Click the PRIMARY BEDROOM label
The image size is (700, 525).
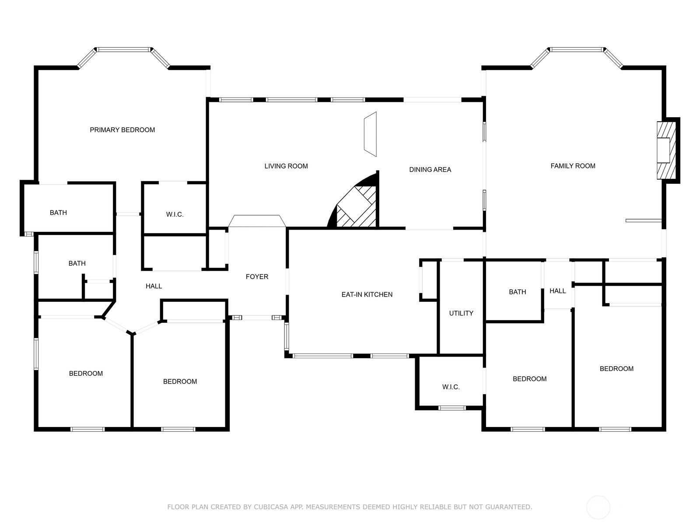tap(122, 130)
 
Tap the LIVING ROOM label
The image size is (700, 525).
tap(286, 166)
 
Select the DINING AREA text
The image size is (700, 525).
tap(430, 170)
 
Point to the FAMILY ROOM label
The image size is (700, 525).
tap(573, 166)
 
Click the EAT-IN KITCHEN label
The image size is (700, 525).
tap(367, 294)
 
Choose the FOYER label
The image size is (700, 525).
tap(257, 276)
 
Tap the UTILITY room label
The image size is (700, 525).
tap(461, 313)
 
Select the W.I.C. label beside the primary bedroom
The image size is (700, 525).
tap(175, 214)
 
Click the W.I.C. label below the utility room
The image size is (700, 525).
tap(451, 387)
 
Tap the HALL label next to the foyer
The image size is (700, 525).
tap(154, 286)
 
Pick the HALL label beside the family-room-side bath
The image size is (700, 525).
tap(557, 290)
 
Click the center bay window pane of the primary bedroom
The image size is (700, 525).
tap(123, 50)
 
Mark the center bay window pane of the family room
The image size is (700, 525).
tap(577, 50)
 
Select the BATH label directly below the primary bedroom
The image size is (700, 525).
tap(58, 213)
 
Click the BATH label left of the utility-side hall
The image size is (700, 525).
tap(517, 292)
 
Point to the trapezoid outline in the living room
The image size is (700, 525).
tap(370, 134)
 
